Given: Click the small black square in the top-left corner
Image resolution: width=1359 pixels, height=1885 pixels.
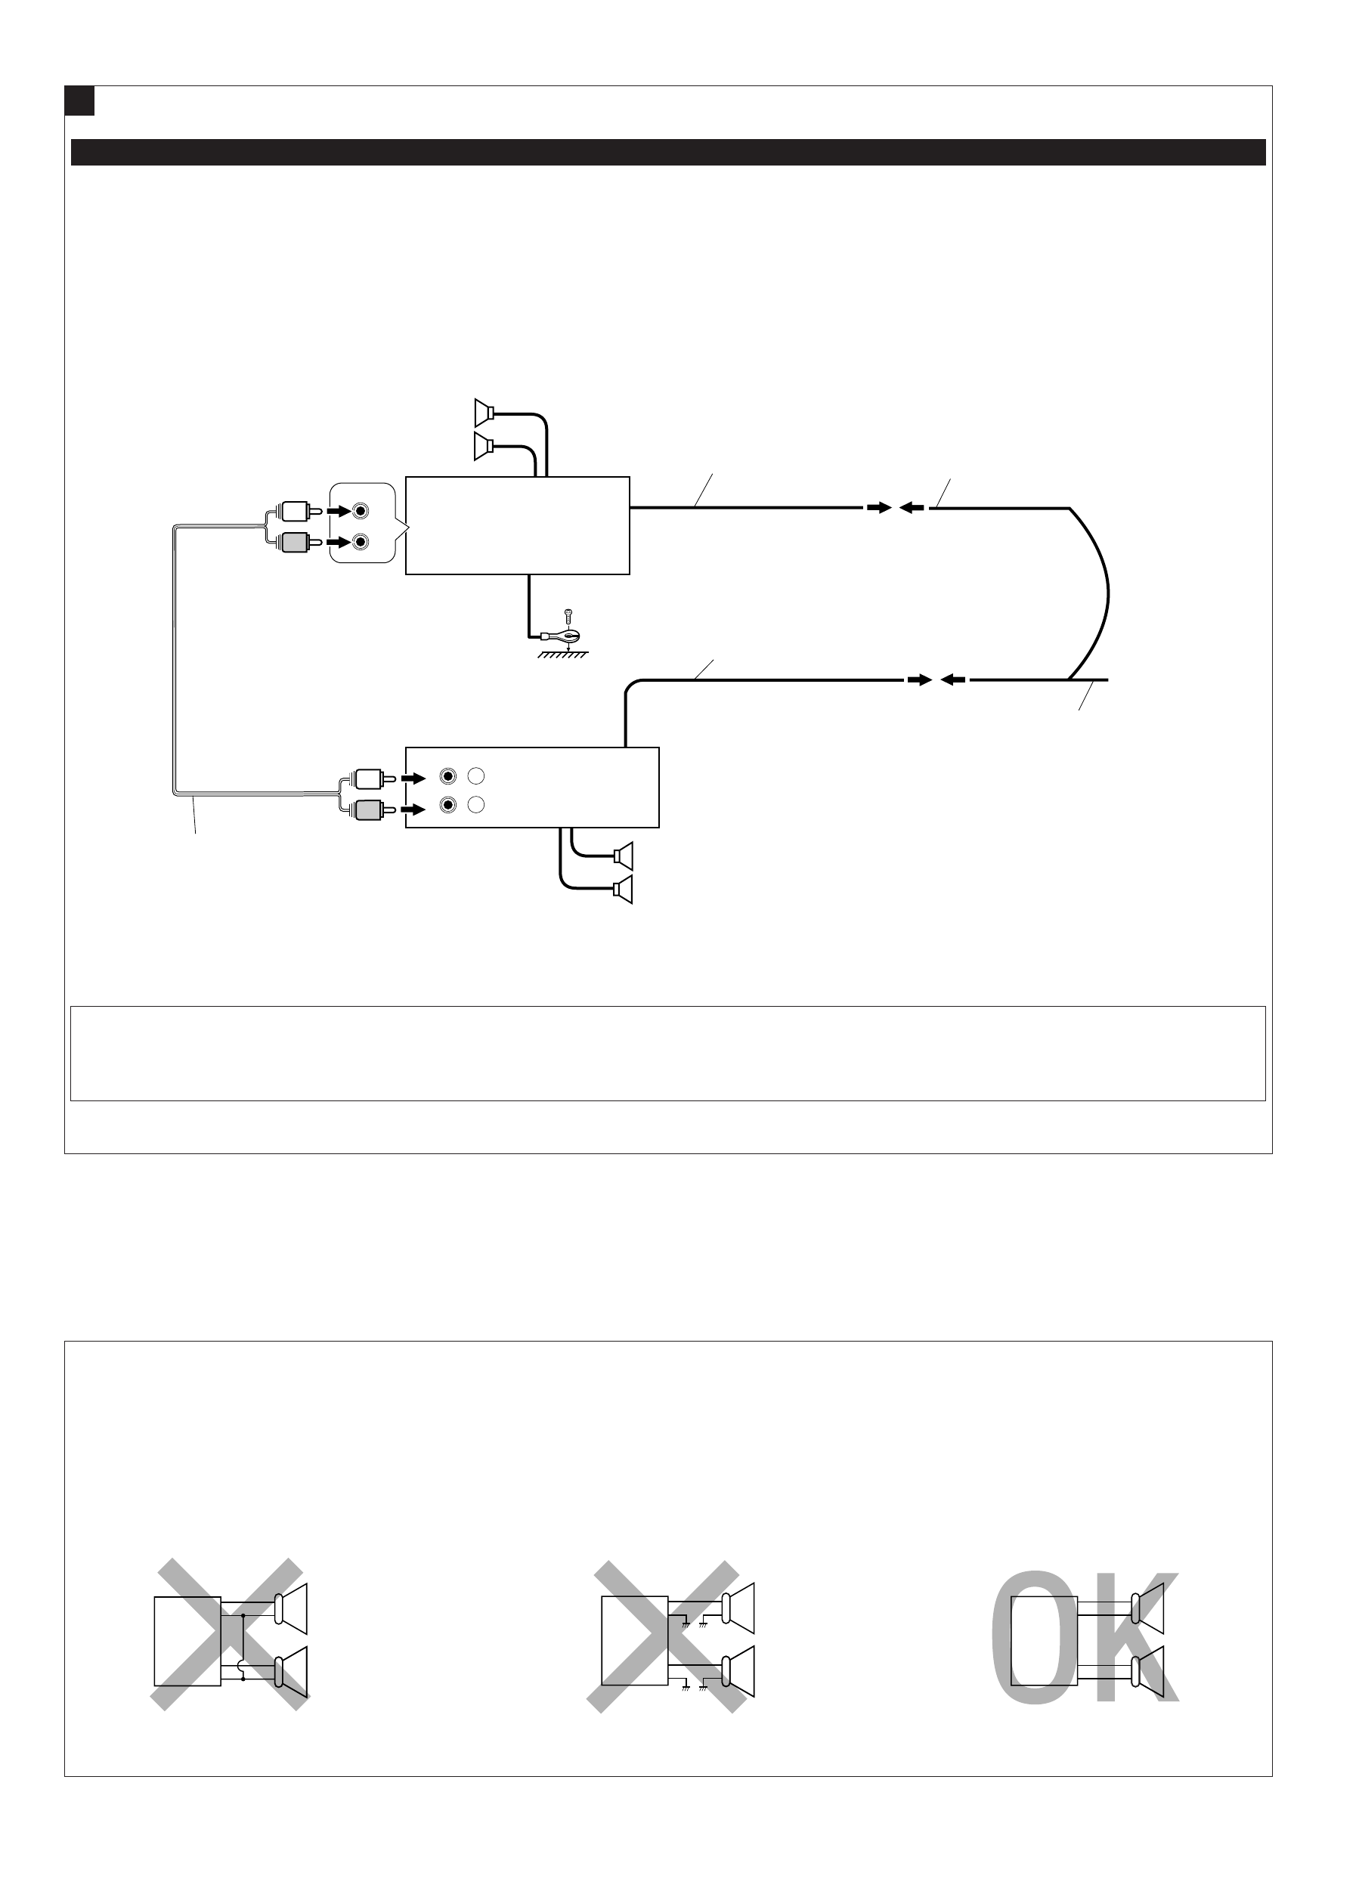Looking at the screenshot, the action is click(x=79, y=101).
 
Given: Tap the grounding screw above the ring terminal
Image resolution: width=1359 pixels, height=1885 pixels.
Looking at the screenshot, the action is click(x=568, y=616).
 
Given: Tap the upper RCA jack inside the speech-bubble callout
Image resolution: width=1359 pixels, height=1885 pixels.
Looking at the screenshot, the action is click(x=360, y=510).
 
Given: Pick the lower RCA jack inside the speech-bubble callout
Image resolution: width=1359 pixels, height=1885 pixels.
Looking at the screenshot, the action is click(x=360, y=542).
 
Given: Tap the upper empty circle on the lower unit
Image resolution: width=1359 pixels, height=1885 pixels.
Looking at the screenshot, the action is click(x=475, y=777).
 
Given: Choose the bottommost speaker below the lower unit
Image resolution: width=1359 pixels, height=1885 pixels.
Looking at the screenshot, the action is click(x=624, y=890).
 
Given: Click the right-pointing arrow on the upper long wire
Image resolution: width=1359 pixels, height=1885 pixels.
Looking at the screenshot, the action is click(x=878, y=507).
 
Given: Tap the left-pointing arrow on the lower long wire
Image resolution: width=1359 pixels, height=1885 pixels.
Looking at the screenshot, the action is click(x=952, y=680).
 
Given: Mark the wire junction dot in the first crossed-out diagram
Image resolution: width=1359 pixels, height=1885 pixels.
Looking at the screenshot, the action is click(x=243, y=1616).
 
